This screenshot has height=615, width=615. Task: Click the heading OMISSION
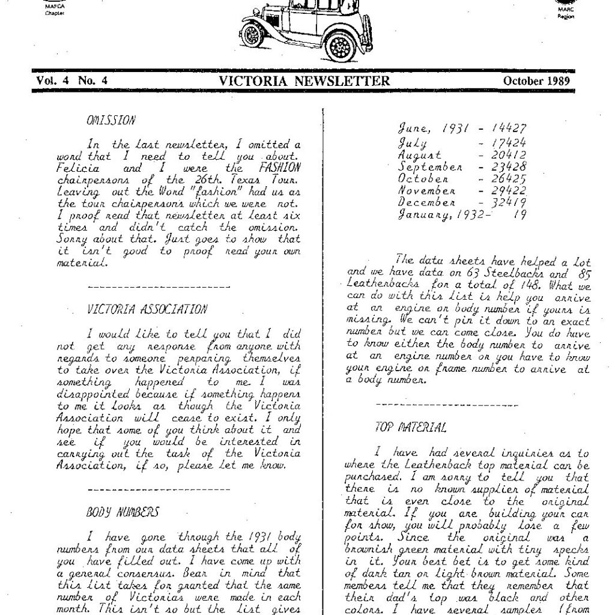click(111, 120)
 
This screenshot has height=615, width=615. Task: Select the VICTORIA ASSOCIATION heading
click(147, 310)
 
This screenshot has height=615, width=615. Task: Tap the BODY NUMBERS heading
click(123, 512)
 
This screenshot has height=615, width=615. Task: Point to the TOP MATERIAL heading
click(410, 428)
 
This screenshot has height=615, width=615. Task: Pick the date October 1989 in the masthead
click(536, 81)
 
